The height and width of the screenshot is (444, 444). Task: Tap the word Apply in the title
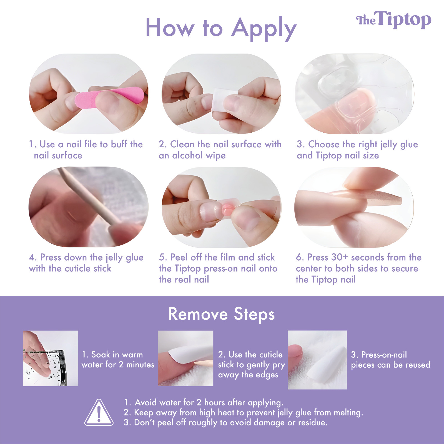(264, 29)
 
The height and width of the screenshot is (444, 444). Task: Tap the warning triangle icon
(99, 412)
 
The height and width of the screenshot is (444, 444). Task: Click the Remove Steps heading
(222, 314)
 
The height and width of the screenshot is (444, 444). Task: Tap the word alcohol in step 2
(187, 155)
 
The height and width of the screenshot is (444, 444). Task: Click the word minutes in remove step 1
(140, 365)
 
